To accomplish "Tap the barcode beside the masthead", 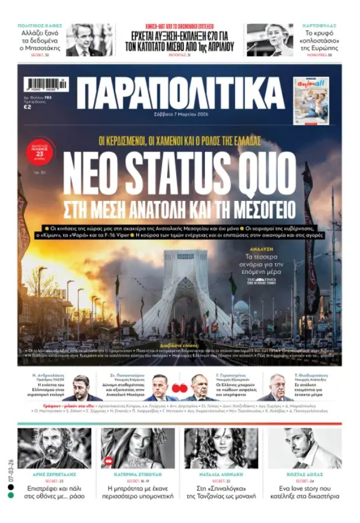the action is [47, 85].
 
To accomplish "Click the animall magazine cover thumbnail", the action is [312, 101].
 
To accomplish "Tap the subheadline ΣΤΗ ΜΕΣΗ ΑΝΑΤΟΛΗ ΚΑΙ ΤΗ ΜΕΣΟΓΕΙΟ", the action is [180, 209].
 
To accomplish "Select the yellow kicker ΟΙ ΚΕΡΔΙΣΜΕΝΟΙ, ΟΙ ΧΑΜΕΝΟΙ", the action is [180, 141].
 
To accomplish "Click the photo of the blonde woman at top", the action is [270, 40].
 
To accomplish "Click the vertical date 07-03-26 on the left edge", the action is [11, 468].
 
